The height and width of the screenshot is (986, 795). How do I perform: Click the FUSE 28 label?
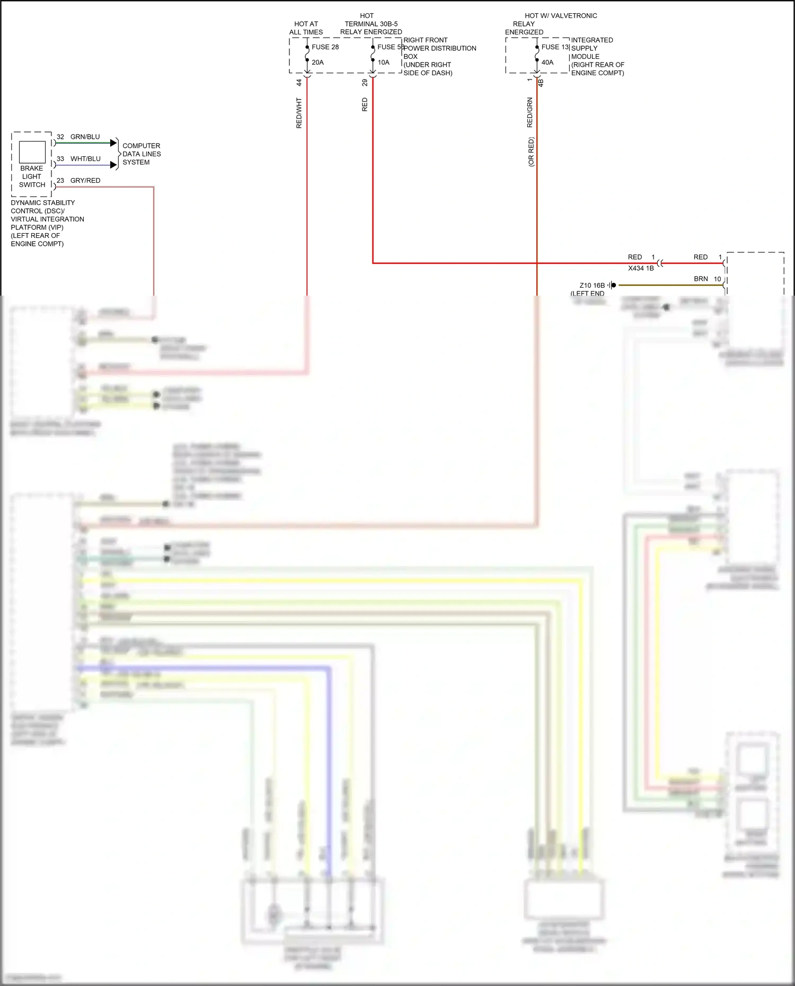click(x=325, y=47)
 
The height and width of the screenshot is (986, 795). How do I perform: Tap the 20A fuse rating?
click(x=317, y=63)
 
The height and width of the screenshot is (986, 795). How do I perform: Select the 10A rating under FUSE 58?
click(x=383, y=63)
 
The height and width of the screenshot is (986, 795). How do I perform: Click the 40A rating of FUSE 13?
click(x=547, y=63)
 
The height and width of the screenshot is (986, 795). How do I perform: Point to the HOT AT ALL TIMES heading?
click(x=306, y=28)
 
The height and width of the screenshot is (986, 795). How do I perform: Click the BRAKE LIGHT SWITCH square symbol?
click(x=32, y=153)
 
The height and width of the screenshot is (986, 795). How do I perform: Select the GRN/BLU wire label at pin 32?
click(x=85, y=137)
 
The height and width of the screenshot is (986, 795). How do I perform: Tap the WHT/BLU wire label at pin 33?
click(x=85, y=159)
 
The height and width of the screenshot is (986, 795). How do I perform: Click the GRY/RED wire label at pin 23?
click(x=85, y=181)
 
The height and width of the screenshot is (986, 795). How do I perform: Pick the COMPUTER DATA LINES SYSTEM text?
click(x=141, y=154)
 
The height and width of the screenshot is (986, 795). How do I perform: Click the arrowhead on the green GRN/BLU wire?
click(x=113, y=143)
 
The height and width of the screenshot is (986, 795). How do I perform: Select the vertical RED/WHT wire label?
click(x=299, y=113)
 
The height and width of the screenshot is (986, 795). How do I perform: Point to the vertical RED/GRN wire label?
click(x=529, y=112)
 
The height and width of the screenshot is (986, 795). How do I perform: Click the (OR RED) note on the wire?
click(x=531, y=152)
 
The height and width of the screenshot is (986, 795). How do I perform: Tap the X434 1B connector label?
click(x=641, y=269)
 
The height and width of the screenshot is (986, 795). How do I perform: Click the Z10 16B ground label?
click(x=592, y=286)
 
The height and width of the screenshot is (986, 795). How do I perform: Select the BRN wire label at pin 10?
click(x=701, y=279)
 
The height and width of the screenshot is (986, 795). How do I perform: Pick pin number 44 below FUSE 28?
click(x=299, y=83)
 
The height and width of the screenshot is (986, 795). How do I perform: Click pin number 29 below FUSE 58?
click(x=365, y=83)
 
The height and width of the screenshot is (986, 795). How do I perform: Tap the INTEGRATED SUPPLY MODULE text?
click(x=591, y=48)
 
